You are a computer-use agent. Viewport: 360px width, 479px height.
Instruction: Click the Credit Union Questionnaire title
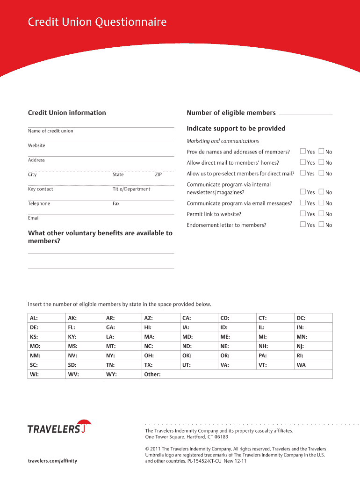[x=97, y=22]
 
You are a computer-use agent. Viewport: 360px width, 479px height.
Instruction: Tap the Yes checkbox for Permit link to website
[x=302, y=214]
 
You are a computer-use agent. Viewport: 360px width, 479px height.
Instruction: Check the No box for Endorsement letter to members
[x=321, y=225]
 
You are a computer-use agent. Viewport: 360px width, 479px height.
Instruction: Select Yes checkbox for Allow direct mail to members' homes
[x=302, y=162]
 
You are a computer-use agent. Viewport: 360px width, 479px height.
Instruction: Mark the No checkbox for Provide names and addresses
[x=321, y=151]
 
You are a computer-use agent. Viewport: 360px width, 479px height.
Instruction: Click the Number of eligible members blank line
[x=305, y=114]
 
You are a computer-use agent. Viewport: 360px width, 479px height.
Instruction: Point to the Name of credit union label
[x=50, y=131]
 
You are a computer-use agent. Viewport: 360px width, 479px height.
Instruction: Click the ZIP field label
[x=158, y=174]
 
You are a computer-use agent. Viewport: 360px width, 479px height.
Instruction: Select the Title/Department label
[x=131, y=189]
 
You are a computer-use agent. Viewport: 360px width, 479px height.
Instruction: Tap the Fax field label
[x=116, y=203]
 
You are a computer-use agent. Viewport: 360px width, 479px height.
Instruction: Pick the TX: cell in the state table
[x=160, y=364]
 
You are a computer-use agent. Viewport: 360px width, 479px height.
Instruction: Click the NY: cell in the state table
[x=122, y=355]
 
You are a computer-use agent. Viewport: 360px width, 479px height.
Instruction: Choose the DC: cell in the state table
[x=313, y=318]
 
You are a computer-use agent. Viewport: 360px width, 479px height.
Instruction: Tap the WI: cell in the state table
[x=46, y=374]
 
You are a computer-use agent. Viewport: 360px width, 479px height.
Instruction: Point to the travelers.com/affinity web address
[x=52, y=461]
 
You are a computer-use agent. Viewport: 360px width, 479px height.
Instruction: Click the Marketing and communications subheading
[x=223, y=141]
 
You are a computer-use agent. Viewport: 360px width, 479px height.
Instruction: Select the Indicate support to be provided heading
[x=236, y=129]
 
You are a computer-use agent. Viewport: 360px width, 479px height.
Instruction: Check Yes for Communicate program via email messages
[x=302, y=203]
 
